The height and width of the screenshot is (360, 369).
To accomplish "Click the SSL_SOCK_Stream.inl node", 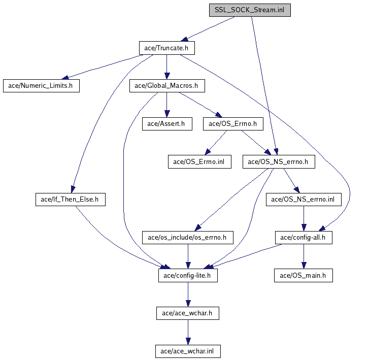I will [x=250, y=10].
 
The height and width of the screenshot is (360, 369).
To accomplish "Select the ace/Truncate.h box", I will [x=166, y=48].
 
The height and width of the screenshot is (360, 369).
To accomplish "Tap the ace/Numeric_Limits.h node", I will [x=41, y=85].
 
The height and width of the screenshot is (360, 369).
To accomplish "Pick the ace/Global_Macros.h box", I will [x=166, y=85].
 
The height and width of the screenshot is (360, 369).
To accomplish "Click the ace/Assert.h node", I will [x=166, y=123].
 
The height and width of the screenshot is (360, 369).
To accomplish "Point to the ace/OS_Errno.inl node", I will [x=199, y=161].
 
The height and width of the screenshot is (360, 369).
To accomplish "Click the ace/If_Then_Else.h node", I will [x=70, y=200].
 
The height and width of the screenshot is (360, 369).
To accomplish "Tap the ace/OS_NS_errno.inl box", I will [x=304, y=200].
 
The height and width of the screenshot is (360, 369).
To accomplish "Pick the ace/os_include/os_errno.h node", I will [x=188, y=237].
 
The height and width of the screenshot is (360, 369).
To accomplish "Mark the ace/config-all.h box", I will [x=304, y=237].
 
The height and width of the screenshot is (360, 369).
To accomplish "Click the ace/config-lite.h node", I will [x=188, y=275].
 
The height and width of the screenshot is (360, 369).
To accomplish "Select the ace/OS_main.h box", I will [x=304, y=275].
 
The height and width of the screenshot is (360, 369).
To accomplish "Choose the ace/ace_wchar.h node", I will [x=188, y=313].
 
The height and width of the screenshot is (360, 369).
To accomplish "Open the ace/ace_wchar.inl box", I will [x=188, y=351].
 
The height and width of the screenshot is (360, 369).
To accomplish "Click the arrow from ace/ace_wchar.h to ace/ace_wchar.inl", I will [x=188, y=332].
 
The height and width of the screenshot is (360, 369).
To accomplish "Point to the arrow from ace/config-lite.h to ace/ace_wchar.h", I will [x=188, y=294].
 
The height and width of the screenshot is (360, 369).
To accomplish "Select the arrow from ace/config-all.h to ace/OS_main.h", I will [x=304, y=256].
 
